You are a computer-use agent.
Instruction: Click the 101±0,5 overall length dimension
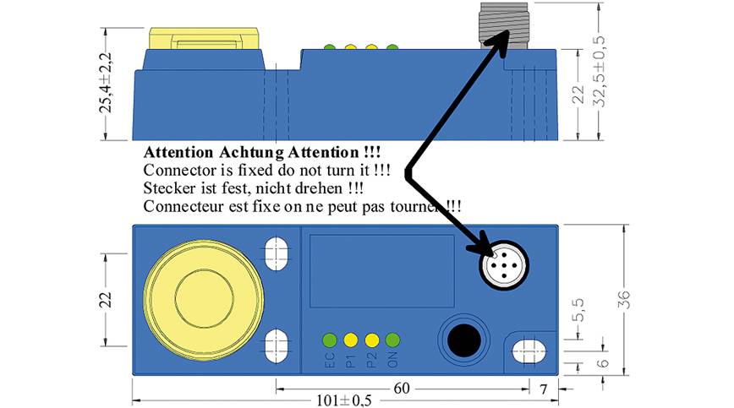pos(344,400)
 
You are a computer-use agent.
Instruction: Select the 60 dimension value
pos(402,388)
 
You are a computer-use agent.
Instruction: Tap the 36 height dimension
pos(624,300)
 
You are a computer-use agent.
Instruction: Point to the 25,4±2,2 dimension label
pos(107,82)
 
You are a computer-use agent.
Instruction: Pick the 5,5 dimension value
pos(578,310)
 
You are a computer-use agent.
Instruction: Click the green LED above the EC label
pos(330,340)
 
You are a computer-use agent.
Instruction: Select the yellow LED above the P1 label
pos(351,340)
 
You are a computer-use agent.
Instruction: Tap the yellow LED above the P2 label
pos(372,340)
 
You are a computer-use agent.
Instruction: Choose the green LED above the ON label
pos(392,340)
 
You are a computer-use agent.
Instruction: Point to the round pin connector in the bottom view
pos(504,265)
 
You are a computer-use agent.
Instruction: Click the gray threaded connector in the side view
pos(504,25)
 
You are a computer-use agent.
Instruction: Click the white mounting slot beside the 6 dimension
pos(529,351)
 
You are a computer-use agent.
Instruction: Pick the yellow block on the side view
pos(204,38)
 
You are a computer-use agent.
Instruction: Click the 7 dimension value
pos(543,389)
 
